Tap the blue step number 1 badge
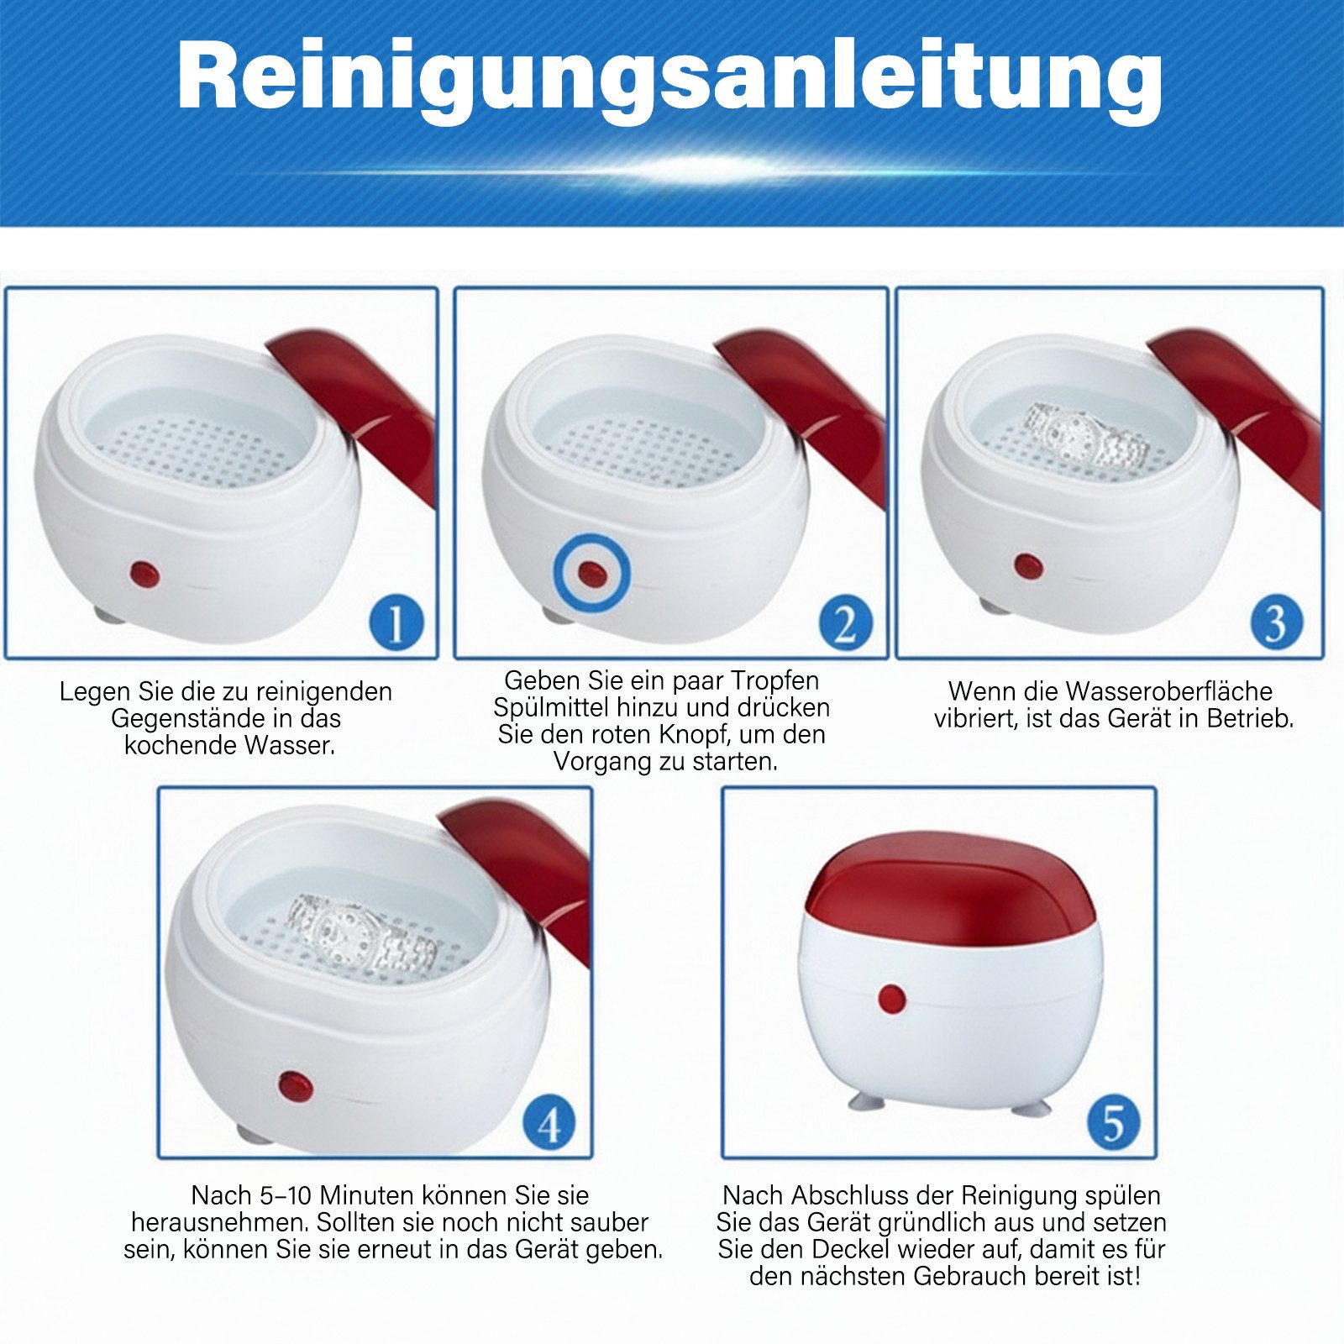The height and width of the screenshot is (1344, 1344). point(396,622)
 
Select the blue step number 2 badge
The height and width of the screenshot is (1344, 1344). point(844,622)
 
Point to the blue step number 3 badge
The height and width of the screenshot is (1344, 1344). point(1275,622)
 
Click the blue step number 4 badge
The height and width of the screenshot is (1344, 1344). point(549,1123)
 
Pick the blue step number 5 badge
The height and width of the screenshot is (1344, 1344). point(1113,1123)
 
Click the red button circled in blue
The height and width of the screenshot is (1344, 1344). point(591,574)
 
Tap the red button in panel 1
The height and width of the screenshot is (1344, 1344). point(144,575)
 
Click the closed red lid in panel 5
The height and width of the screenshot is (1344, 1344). point(949,882)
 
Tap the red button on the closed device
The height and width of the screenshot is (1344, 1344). point(891,999)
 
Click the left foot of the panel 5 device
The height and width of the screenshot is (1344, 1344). point(864,1100)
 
